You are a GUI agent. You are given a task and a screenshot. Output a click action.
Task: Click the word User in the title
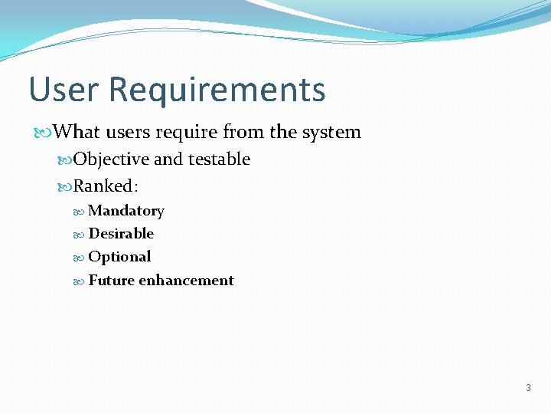(x=64, y=90)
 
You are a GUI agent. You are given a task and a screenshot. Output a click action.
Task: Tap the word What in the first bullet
(x=77, y=132)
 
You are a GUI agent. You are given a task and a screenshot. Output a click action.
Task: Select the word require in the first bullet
(x=187, y=133)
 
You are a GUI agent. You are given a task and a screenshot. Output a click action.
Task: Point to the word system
(x=331, y=133)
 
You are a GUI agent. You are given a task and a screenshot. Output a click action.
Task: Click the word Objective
(x=111, y=159)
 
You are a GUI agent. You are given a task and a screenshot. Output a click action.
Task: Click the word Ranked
(x=103, y=186)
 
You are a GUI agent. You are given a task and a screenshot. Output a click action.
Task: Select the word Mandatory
(x=126, y=211)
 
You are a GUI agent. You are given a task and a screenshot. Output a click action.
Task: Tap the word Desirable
(x=121, y=234)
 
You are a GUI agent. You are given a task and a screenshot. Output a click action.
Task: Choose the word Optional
(x=119, y=257)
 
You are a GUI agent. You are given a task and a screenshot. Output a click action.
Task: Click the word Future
(x=111, y=281)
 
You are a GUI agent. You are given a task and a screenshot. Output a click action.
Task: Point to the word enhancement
(x=186, y=281)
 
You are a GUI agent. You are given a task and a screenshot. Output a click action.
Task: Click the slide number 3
(x=528, y=388)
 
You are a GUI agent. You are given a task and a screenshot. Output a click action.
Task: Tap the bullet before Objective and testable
(x=65, y=160)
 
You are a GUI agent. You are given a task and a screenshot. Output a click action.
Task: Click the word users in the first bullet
(x=128, y=133)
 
